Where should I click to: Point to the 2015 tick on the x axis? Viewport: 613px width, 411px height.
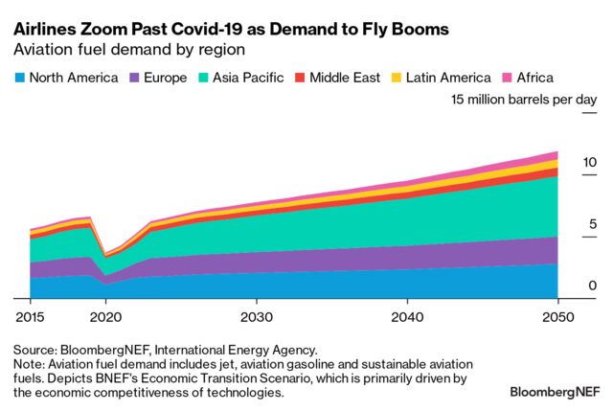pos(31,316)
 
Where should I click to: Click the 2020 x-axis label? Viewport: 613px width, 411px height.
pos(105,316)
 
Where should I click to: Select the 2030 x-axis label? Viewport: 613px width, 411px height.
pos(255,316)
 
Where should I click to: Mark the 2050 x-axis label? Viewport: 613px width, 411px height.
pos(557,316)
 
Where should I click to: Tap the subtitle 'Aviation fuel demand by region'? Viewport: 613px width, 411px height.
pos(128,51)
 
